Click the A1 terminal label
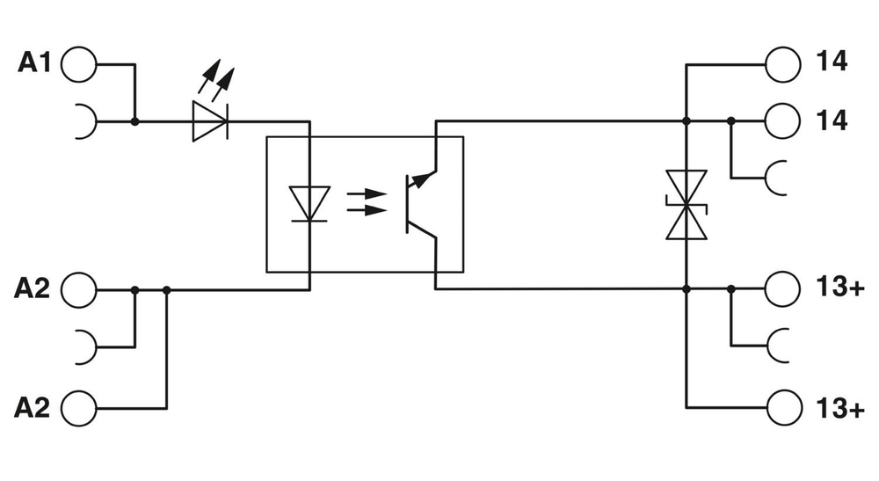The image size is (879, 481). pyautogui.click(x=35, y=63)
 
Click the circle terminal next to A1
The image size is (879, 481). pyautogui.click(x=78, y=63)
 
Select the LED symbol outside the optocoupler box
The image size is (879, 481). pyautogui.click(x=210, y=120)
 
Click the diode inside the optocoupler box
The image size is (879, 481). pyautogui.click(x=309, y=204)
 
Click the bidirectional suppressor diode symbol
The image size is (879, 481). pyautogui.click(x=686, y=205)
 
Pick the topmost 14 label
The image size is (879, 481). pyautogui.click(x=831, y=63)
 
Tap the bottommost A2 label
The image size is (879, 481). pyautogui.click(x=33, y=407)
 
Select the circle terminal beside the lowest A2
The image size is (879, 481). pyautogui.click(x=78, y=407)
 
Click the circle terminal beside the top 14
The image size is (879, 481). pyautogui.click(x=783, y=63)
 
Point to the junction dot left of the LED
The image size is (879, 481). pyautogui.click(x=134, y=120)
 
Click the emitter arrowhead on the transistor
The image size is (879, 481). pyautogui.click(x=423, y=179)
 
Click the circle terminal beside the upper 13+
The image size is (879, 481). pyautogui.click(x=783, y=288)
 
